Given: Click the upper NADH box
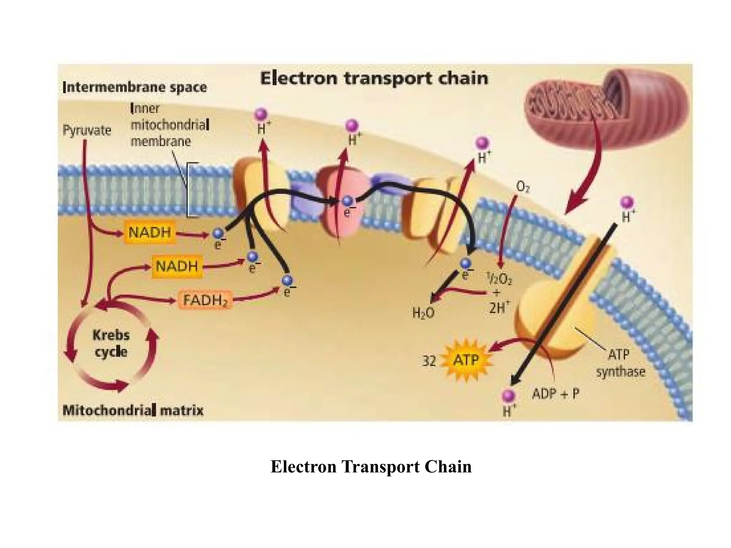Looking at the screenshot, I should point(150,233).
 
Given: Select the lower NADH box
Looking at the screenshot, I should point(177,266).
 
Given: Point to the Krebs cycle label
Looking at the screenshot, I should point(111,344).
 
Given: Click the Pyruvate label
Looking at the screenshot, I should point(87,130).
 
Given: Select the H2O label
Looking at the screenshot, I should point(423,313).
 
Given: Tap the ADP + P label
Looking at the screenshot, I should point(555,394).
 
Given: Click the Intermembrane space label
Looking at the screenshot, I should point(135,87).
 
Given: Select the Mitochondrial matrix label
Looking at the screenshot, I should point(133,411).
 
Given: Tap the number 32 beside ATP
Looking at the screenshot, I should point(429,361).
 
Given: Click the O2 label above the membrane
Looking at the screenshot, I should point(523,187).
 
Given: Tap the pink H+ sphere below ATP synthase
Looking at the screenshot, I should point(508,396).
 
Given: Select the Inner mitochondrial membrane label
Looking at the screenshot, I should point(170,125).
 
